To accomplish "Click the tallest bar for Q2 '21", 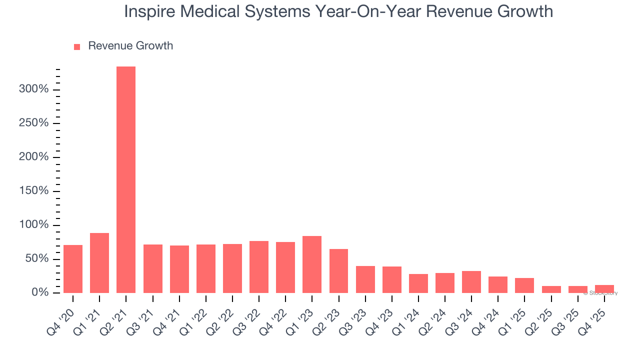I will click(126, 179).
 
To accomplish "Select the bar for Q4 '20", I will click(73, 269).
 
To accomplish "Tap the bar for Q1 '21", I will click(99, 263).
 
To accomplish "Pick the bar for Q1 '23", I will click(312, 264).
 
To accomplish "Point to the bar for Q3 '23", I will click(365, 279).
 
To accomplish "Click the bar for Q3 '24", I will click(471, 282).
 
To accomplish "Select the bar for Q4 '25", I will click(604, 289).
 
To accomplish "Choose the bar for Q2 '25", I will click(551, 289).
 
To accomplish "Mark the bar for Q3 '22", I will click(259, 267).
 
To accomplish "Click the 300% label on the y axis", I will click(34, 89).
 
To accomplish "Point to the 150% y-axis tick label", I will click(34, 191).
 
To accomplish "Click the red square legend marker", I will click(77, 46).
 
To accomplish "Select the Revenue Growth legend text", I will click(130, 46).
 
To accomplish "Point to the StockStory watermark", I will click(600, 293).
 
